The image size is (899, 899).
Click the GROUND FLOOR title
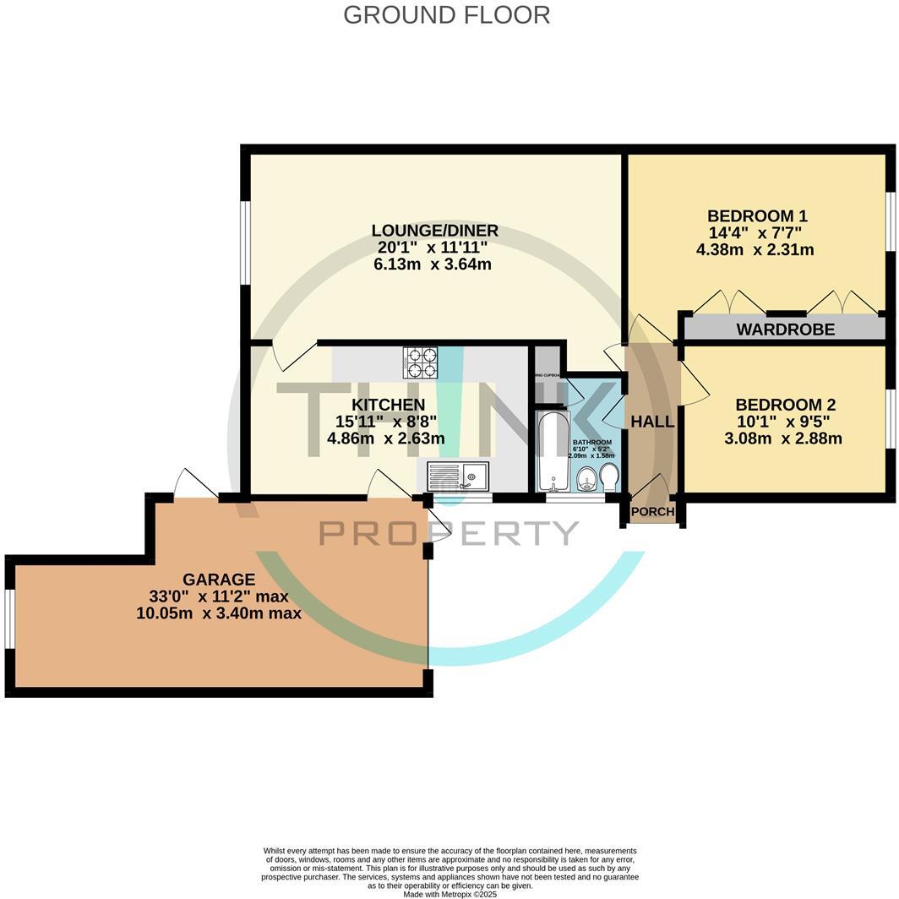[446, 15]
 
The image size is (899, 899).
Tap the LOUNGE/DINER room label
[434, 231]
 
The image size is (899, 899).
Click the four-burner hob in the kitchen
[420, 362]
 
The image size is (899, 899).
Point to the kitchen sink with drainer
[458, 477]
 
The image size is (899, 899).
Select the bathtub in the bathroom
[554, 451]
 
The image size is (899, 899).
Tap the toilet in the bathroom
[609, 478]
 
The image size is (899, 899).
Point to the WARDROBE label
[785, 330]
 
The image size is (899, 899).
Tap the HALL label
[653, 422]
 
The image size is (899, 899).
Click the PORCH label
[653, 511]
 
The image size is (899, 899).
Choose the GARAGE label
[219, 580]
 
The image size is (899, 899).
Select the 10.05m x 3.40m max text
[219, 613]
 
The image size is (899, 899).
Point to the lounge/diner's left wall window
[245, 243]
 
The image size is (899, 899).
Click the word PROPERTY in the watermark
[449, 533]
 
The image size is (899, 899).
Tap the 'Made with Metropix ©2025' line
[449, 894]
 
